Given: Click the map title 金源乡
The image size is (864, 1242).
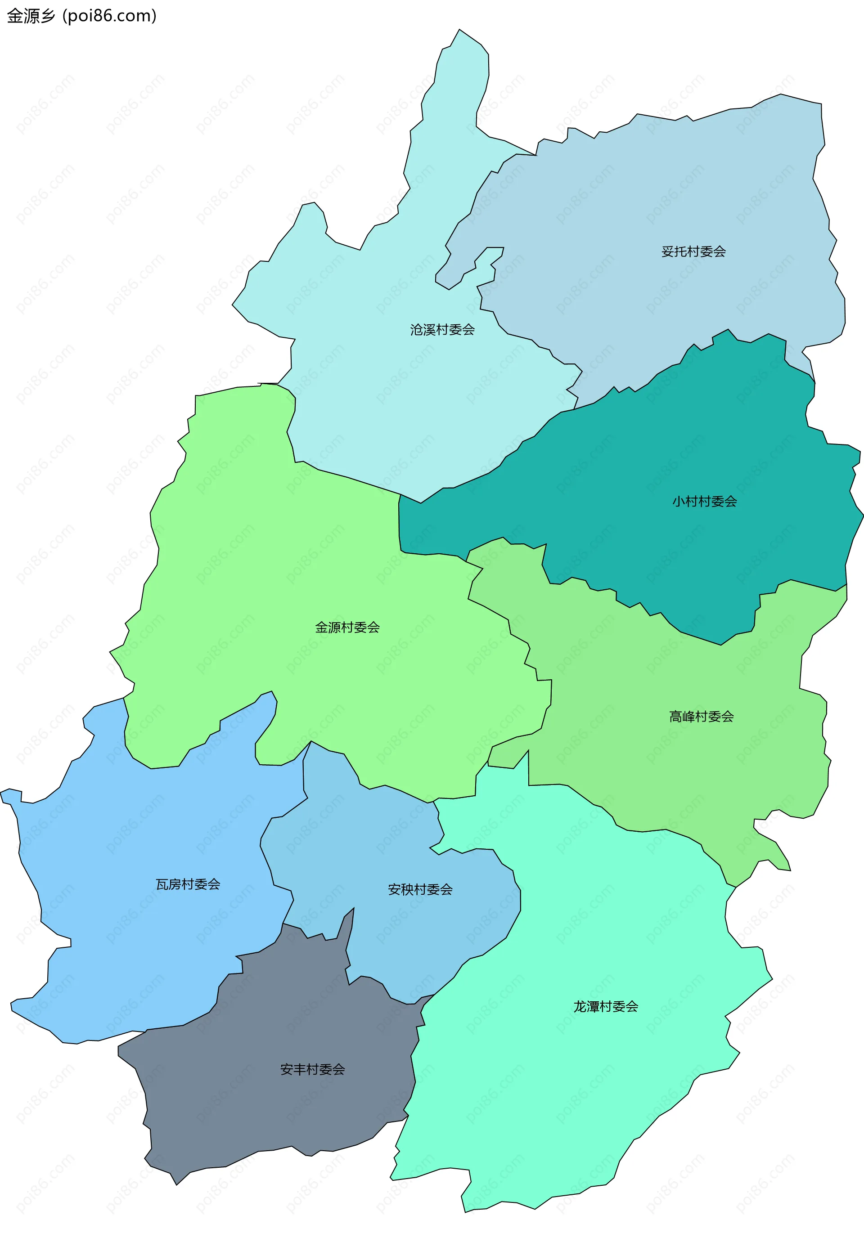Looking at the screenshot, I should coord(31,16).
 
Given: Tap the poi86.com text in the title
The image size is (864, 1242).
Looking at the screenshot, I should coord(109,16).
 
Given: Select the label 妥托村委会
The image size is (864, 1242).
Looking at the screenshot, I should coord(693,251).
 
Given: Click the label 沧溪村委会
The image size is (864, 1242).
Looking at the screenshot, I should coord(442,329).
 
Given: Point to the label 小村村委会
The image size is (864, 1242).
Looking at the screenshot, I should coord(704,502).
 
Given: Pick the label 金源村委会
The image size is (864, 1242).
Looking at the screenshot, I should coord(347,628).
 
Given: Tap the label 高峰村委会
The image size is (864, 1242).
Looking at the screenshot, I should coord(701,717).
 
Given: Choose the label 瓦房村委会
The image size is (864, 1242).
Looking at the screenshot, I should coord(188,884).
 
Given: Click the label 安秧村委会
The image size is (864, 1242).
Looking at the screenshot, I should coord(420,890).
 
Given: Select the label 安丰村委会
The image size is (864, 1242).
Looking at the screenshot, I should coord(312,1069).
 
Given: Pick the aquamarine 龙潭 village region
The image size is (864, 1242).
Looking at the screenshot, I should coord(541,1082).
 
